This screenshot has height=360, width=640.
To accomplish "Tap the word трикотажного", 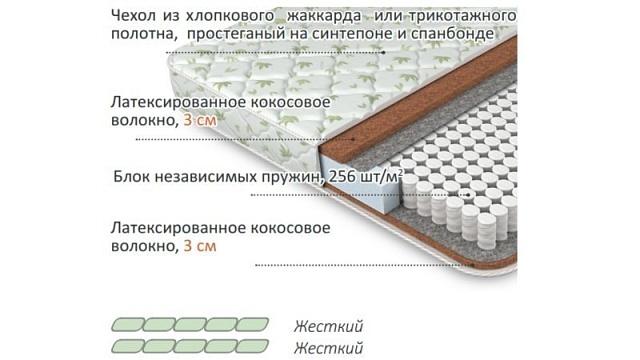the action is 459,16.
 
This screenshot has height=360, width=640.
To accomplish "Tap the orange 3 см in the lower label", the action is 201,244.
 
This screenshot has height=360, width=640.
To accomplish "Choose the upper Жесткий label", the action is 327,327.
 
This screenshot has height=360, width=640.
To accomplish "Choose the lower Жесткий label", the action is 327,347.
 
